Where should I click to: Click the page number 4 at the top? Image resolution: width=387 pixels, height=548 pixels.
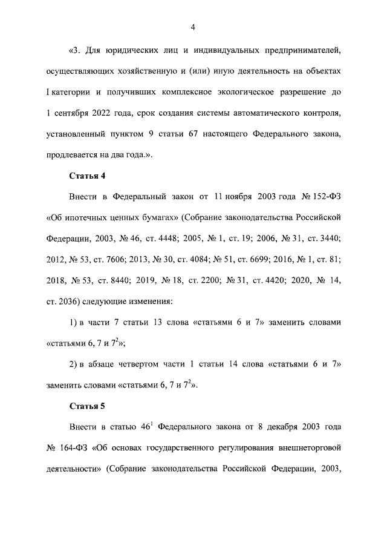click(x=192, y=27)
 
